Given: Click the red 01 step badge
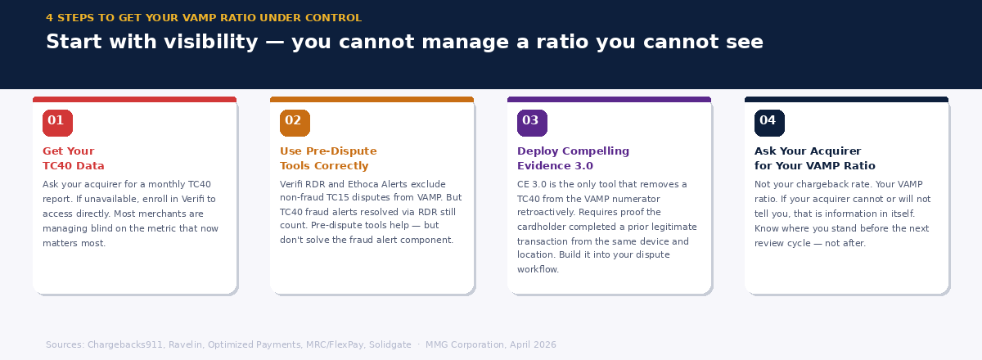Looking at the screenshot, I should click(57, 122).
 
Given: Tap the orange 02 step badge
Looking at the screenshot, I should click(295, 122).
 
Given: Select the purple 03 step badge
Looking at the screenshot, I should click(532, 122).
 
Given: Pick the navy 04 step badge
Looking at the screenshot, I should click(769, 122).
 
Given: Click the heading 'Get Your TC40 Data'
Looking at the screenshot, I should click(74, 159).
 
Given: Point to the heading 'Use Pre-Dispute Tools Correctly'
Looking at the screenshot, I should click(328, 159).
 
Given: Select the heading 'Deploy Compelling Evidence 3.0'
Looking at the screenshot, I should click(573, 159).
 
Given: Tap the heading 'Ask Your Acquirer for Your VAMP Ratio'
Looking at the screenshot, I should click(814, 159).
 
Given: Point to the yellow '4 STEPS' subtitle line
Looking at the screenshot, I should click(203, 18).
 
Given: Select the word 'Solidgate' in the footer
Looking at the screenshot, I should click(391, 345).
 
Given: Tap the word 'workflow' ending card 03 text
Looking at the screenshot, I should click(537, 269).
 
